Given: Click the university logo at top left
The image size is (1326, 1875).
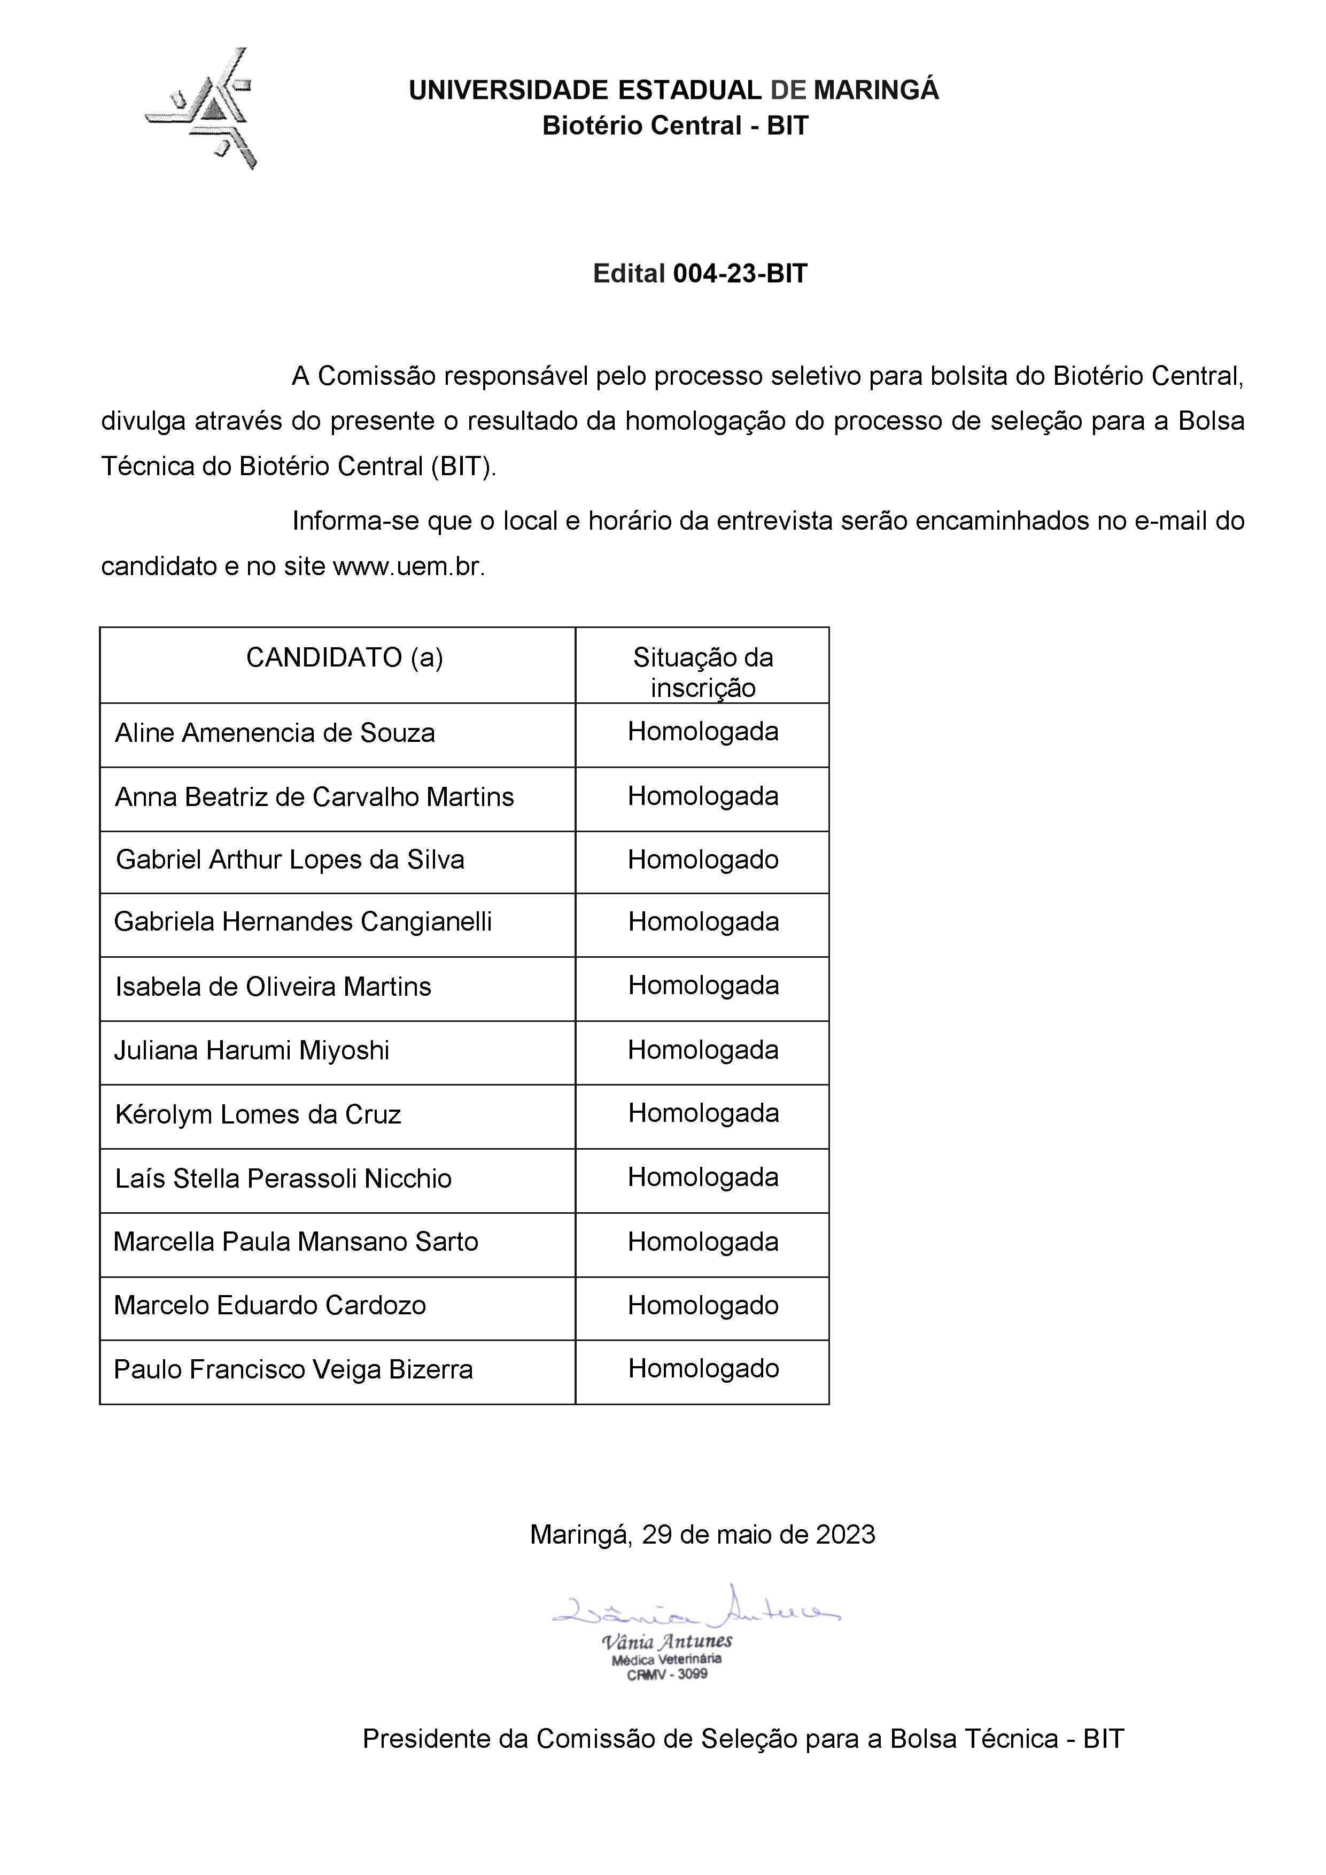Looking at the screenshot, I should tap(201, 109).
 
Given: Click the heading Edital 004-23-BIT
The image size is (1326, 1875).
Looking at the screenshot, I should tap(700, 274).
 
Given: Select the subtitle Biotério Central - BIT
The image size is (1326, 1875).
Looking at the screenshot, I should tap(675, 126).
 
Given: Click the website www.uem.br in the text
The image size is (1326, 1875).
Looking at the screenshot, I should tap(408, 567).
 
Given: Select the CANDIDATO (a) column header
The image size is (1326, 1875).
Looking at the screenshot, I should tap(345, 657).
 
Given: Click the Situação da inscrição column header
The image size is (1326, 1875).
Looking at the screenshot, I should tap(702, 671).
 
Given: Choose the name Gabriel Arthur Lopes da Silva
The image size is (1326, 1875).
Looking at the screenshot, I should tap(290, 860).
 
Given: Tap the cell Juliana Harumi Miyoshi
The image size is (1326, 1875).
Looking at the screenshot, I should tap(252, 1050).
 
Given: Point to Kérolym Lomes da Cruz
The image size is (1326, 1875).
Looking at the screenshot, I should tap(258, 1115).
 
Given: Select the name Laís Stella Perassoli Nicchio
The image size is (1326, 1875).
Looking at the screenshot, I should tap(283, 1179).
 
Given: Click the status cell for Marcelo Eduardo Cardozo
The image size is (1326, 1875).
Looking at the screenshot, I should tap(702, 1305).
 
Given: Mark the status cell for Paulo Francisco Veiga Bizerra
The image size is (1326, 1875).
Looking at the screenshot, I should tap(702, 1369).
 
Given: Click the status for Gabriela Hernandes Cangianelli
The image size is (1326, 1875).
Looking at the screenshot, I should tap(702, 922).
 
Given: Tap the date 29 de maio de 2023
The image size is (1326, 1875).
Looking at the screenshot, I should tap(758, 1535).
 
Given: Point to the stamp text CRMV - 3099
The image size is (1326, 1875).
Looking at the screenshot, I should tap(666, 1674).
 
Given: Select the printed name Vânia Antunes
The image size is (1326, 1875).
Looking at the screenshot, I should tap(666, 1641).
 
